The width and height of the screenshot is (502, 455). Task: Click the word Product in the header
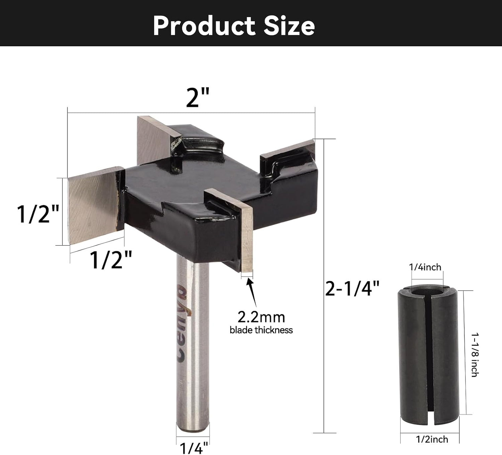click(204, 26)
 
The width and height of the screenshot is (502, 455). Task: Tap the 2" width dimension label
click(197, 97)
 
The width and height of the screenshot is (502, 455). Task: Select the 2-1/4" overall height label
click(352, 288)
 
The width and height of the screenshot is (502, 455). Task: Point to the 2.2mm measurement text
click(261, 317)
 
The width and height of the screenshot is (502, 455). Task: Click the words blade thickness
click(261, 330)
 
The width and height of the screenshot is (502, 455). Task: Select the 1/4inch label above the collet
click(425, 267)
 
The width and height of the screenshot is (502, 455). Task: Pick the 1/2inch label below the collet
click(432, 439)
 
